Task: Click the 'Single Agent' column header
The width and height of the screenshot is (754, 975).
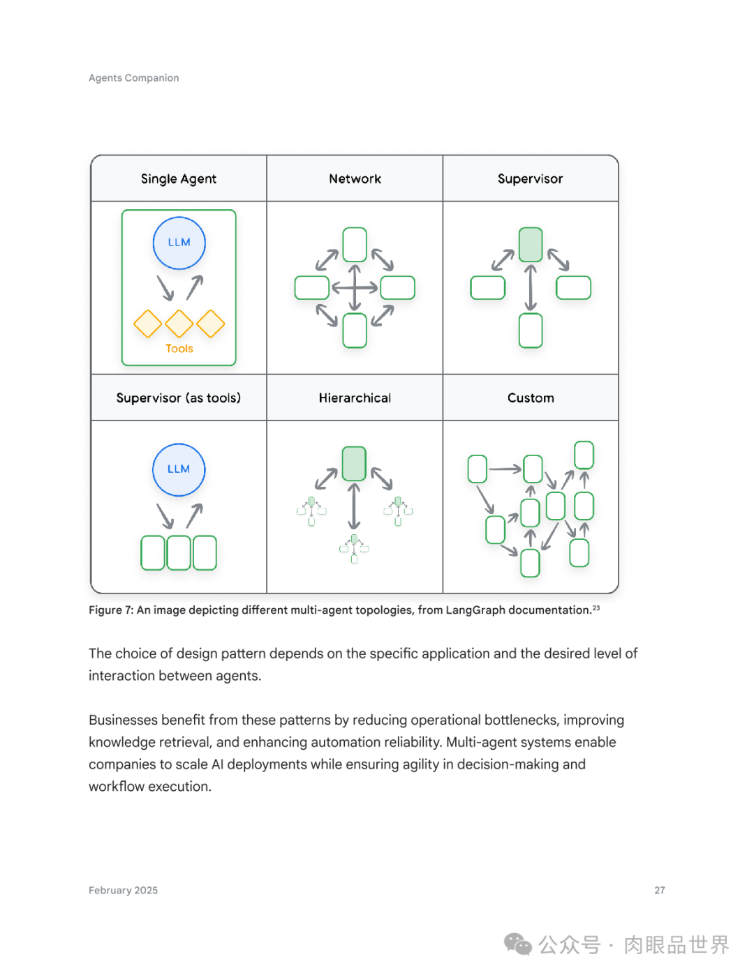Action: tap(179, 179)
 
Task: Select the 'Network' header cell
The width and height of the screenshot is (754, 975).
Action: tap(355, 179)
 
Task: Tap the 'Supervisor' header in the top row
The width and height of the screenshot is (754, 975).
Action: tap(530, 179)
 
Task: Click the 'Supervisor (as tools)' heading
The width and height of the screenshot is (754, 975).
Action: tap(179, 398)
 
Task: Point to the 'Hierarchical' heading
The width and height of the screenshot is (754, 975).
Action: tap(355, 398)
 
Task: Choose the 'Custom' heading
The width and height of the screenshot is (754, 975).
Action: tap(531, 398)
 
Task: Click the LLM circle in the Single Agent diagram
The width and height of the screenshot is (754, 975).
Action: tap(179, 243)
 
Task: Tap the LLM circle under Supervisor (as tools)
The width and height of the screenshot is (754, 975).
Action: tap(179, 469)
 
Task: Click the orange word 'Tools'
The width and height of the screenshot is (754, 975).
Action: tap(179, 349)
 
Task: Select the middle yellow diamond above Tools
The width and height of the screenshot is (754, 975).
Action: tap(179, 324)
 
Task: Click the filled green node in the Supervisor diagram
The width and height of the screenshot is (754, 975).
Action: tap(531, 244)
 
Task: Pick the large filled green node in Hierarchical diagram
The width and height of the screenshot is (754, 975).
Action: tap(355, 463)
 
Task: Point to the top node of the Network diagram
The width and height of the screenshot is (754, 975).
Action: tap(355, 244)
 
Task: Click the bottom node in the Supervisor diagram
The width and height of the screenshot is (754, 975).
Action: tap(531, 330)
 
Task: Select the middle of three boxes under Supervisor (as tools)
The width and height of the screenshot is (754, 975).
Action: tap(179, 552)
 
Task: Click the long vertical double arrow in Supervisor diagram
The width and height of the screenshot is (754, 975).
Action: tap(531, 287)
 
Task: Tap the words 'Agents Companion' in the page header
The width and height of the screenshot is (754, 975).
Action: tap(134, 78)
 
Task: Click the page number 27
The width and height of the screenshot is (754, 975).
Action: tap(660, 891)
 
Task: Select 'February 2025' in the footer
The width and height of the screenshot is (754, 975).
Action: tap(124, 891)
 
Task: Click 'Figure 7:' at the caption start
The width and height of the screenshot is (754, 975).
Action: tap(111, 610)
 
